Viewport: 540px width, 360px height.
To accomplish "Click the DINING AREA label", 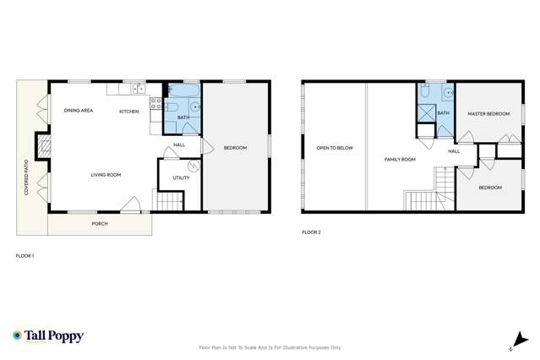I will point(80,111).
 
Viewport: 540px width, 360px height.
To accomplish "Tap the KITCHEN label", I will point(128,111).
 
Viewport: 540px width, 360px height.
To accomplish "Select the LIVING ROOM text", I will point(106,175).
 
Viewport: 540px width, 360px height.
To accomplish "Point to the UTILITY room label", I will point(181,177).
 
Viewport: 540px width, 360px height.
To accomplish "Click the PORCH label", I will point(100,224).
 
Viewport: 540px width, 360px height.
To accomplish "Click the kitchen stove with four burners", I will point(155,105).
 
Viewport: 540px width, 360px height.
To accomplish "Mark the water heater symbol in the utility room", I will point(192,166).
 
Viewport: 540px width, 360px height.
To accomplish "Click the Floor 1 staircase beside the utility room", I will point(171,201).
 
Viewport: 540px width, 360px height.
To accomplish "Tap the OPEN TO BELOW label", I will point(335,148).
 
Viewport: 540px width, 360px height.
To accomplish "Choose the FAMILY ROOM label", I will point(400,159).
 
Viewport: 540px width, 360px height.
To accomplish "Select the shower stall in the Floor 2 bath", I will point(425,114).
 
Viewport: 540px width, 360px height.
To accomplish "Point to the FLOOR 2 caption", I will point(311,232).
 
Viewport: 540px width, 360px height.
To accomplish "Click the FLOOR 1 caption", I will point(25,254).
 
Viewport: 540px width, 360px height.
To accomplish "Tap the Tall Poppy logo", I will point(48,335).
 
